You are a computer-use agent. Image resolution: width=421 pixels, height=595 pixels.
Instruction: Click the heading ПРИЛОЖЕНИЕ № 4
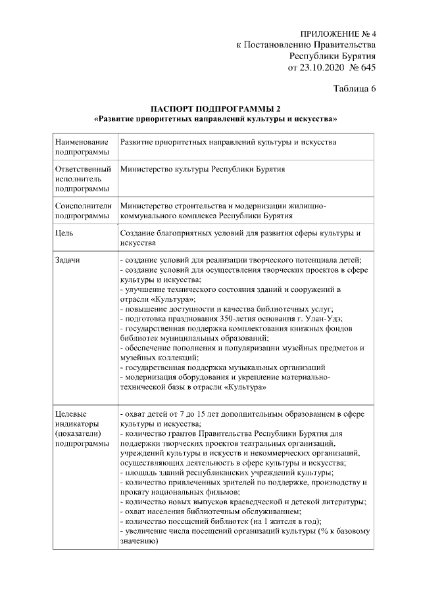(337, 33)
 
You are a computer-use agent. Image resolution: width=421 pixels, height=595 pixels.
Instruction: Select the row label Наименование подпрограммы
(82, 147)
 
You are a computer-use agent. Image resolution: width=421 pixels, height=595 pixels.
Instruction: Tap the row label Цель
(64, 233)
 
